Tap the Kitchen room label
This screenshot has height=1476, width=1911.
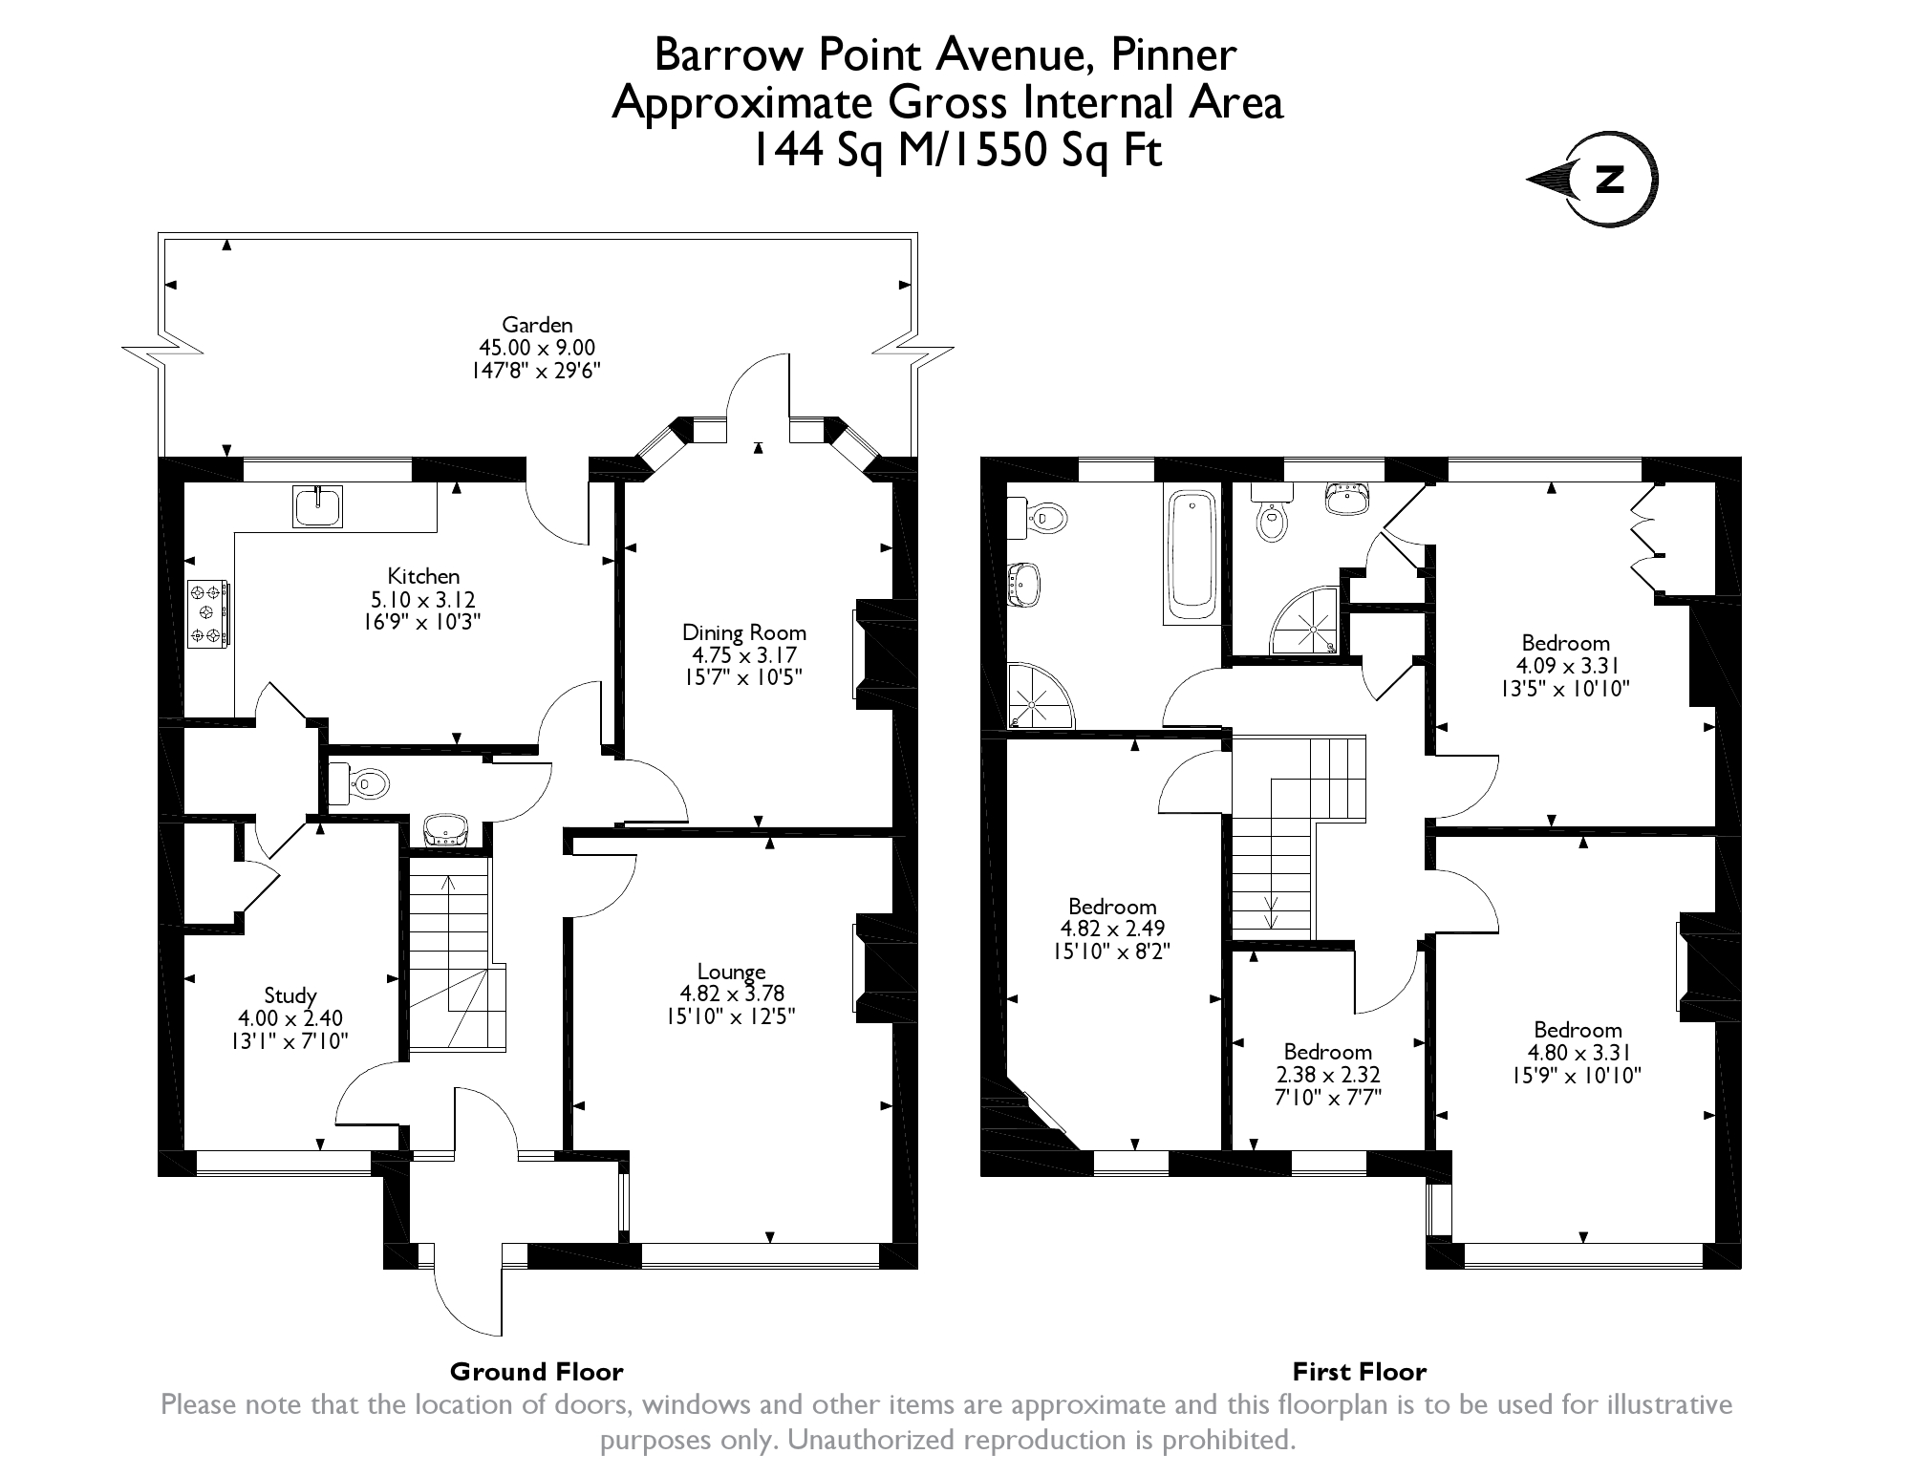click(x=423, y=576)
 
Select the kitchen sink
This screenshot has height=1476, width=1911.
click(x=318, y=506)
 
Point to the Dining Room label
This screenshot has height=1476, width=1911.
click(x=744, y=632)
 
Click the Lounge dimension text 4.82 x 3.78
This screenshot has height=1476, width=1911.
click(x=732, y=995)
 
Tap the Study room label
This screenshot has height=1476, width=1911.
click(x=290, y=996)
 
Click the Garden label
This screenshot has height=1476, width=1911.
click(x=537, y=325)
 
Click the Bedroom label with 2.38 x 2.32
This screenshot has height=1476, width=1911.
click(x=1328, y=1052)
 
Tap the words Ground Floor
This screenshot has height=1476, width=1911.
click(x=537, y=1372)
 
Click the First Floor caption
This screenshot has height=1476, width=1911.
click(x=1360, y=1372)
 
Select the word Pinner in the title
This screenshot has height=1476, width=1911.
click(x=1174, y=56)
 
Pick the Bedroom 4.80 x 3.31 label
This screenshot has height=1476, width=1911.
click(x=1578, y=1030)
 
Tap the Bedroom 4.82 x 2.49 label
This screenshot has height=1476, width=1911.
click(x=1112, y=907)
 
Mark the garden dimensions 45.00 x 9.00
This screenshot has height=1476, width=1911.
click(x=537, y=348)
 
